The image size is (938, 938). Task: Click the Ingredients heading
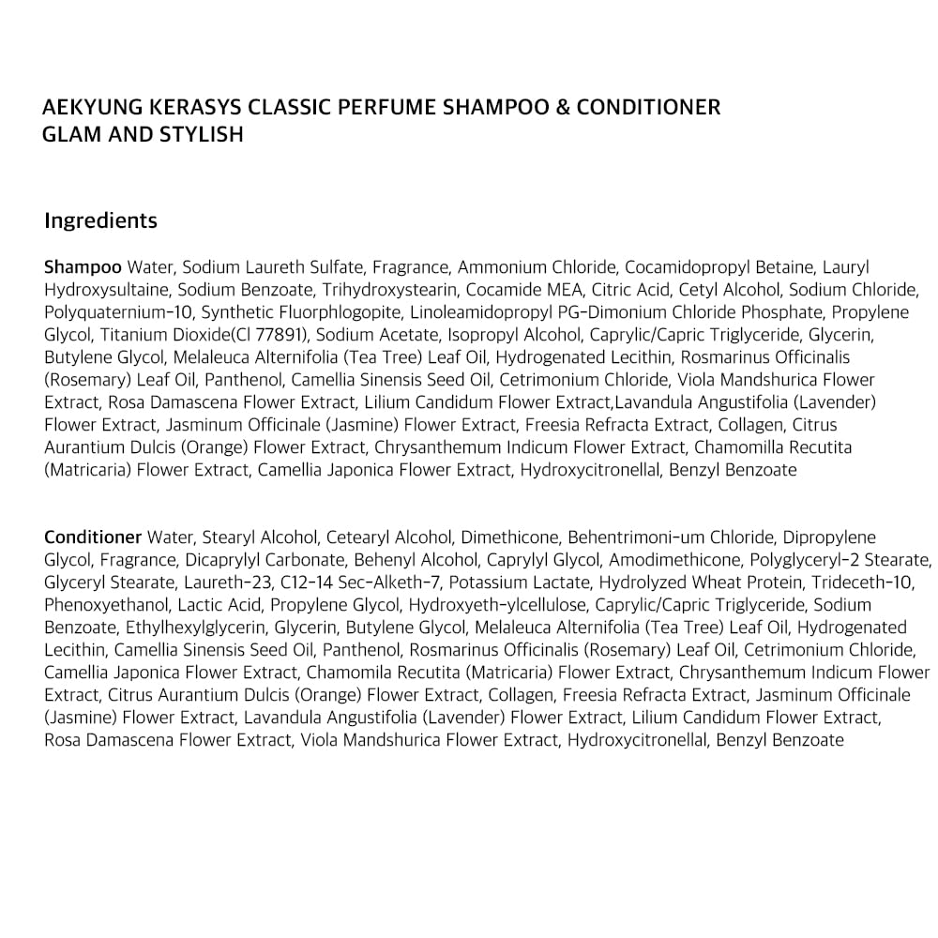pos(100,221)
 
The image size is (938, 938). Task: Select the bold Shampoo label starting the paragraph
pos(83,267)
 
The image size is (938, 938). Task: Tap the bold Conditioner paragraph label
pos(93,537)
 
